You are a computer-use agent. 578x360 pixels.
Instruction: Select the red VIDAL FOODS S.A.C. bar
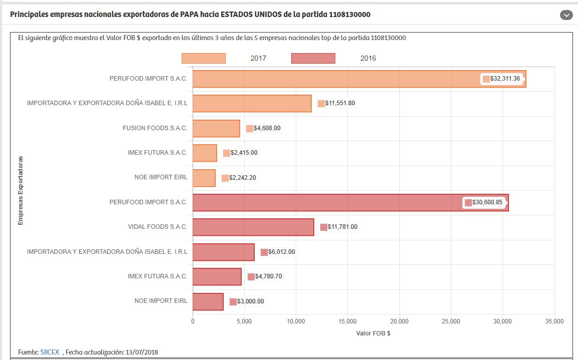(253, 227)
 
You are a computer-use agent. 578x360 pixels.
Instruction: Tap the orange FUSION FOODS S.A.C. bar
(216, 129)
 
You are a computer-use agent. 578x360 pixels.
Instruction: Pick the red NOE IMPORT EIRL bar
(208, 301)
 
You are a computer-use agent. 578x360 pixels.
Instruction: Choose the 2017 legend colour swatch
(204, 58)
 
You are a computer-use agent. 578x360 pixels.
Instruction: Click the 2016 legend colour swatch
(313, 58)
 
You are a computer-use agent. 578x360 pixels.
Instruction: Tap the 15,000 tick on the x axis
(347, 321)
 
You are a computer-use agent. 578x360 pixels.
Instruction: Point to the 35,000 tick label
(553, 321)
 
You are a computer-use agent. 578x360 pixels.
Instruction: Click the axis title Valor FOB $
(373, 333)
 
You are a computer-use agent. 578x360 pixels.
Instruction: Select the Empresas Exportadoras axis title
(21, 190)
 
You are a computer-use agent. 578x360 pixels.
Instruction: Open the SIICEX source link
(50, 352)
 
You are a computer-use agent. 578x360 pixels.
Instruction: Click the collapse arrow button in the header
(566, 15)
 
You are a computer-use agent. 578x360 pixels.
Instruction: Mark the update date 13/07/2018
(142, 352)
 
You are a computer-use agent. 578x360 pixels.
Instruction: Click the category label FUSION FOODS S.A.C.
(155, 128)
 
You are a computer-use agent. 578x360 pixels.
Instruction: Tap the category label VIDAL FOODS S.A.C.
(157, 227)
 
